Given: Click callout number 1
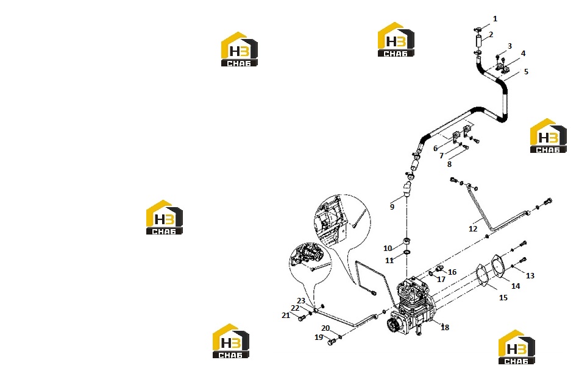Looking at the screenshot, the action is [x=495, y=19].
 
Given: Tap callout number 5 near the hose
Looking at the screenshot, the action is [x=526, y=72].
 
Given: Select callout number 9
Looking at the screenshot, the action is [x=392, y=207].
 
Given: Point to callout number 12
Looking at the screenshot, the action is [x=473, y=229].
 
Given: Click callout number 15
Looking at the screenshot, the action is [x=503, y=297].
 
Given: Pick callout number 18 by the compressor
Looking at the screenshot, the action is [x=445, y=327].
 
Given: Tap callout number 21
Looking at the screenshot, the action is [x=286, y=316].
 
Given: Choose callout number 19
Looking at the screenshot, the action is [x=319, y=337].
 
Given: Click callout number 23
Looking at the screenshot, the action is [x=301, y=301].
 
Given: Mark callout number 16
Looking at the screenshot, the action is [x=452, y=272].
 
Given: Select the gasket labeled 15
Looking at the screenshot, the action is [x=482, y=275].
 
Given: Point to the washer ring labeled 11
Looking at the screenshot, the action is [x=407, y=252].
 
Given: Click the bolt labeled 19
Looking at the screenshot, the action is [x=331, y=342].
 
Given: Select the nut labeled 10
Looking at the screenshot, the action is [x=407, y=241].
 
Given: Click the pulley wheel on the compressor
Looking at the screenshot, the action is [x=393, y=325].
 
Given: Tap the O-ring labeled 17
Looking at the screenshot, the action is [x=431, y=274].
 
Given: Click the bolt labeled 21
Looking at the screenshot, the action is [x=302, y=317].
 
